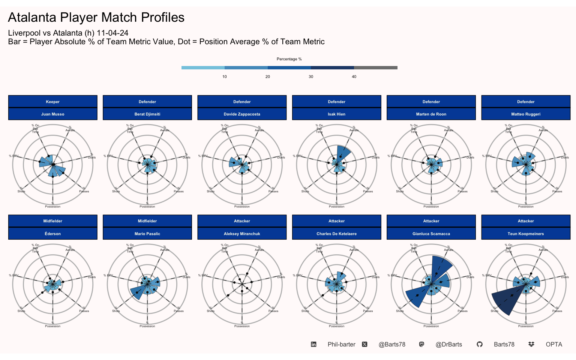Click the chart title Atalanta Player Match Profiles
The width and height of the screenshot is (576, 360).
tap(96, 18)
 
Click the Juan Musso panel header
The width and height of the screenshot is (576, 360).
tap(52, 114)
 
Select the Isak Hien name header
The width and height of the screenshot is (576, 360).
tap(336, 114)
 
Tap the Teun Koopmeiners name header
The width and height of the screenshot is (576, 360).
tap(525, 234)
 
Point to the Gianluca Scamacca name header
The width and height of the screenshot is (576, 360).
tap(431, 234)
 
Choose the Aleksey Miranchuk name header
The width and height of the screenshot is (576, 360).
tap(242, 234)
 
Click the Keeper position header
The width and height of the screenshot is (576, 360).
tap(52, 102)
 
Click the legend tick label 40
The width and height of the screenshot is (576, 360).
tap(354, 77)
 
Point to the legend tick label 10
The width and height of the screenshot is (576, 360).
tap(225, 77)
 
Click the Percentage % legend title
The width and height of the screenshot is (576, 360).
tap(289, 59)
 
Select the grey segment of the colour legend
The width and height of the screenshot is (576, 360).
tap(375, 68)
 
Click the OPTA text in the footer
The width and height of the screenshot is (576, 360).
tap(554, 345)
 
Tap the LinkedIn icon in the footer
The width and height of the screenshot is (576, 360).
tap(313, 345)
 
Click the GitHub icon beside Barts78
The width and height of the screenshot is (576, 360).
tap(479, 345)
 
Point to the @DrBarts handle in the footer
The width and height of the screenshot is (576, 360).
tap(448, 345)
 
